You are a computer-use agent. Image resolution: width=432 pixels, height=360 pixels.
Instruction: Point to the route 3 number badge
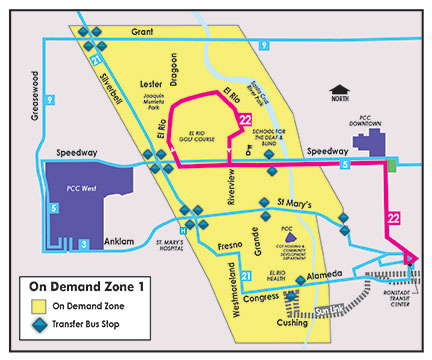tap(84, 243)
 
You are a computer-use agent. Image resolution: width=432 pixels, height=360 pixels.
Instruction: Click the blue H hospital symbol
tap(183, 226)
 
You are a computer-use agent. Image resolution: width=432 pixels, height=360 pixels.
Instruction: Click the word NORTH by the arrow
tap(342, 98)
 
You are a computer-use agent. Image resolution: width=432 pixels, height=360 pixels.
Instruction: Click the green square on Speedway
tap(393, 164)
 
